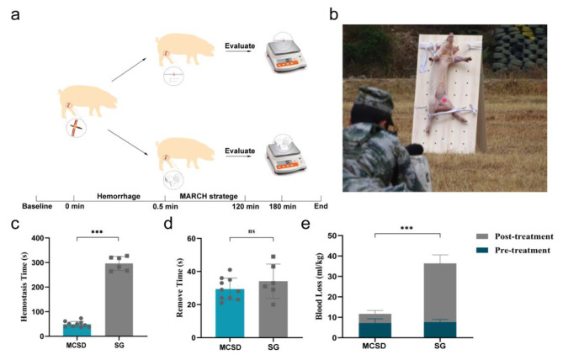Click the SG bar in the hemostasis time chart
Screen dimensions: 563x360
(x=119, y=299)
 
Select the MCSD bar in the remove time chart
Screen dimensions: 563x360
(x=230, y=314)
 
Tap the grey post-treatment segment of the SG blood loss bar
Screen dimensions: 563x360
(x=440, y=293)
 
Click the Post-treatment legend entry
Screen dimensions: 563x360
(x=514, y=236)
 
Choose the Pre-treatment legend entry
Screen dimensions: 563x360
(x=513, y=251)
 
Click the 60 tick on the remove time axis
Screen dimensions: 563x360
(x=192, y=239)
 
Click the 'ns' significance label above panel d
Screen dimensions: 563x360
(x=252, y=231)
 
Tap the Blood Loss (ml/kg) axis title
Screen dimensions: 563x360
(x=319, y=287)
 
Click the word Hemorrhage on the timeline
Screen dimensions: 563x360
(x=119, y=196)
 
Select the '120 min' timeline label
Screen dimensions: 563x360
(x=245, y=206)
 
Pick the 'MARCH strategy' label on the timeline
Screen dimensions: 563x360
(x=209, y=196)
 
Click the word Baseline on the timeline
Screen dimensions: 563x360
(x=37, y=206)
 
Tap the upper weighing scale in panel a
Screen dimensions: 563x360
(x=286, y=53)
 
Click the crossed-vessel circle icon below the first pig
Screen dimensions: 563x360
(x=76, y=128)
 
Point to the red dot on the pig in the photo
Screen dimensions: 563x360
(x=444, y=101)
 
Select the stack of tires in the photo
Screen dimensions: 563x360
(x=519, y=49)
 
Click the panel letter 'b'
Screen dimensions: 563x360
(x=334, y=14)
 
